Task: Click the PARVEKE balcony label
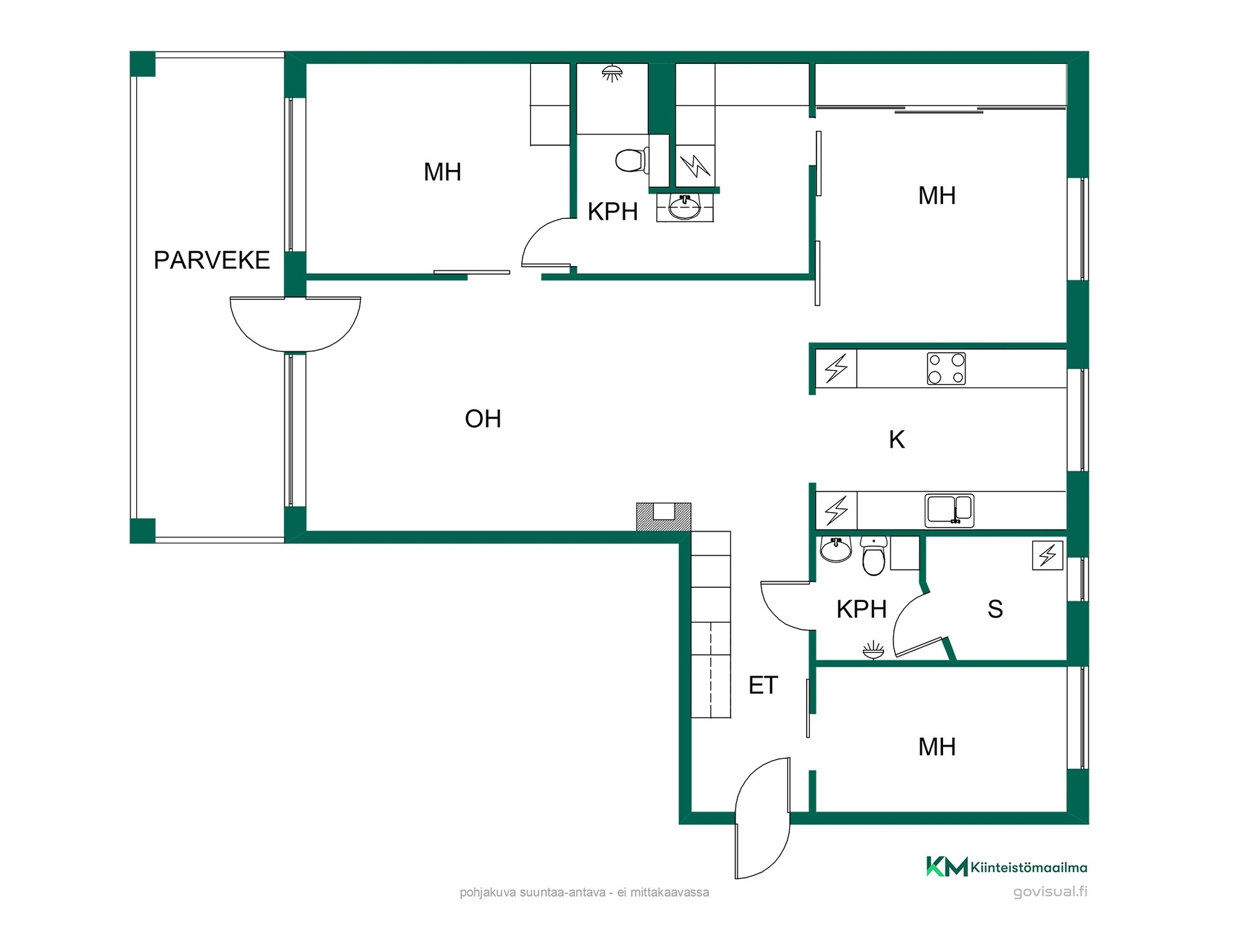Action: click(212, 260)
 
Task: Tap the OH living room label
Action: click(483, 419)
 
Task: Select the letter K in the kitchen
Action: click(896, 440)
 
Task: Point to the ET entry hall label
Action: click(763, 685)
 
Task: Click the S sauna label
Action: click(995, 609)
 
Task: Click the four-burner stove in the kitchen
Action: click(946, 369)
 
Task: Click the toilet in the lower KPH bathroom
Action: click(873, 556)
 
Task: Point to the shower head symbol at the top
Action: click(612, 73)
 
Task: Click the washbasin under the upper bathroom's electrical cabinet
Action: click(685, 208)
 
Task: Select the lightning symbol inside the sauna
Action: click(1048, 555)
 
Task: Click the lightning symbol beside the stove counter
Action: click(836, 369)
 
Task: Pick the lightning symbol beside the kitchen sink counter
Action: click(836, 510)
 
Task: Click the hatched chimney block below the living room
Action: click(664, 517)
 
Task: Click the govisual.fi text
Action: click(1050, 892)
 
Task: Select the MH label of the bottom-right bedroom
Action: click(937, 747)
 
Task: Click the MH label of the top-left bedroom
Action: click(442, 172)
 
